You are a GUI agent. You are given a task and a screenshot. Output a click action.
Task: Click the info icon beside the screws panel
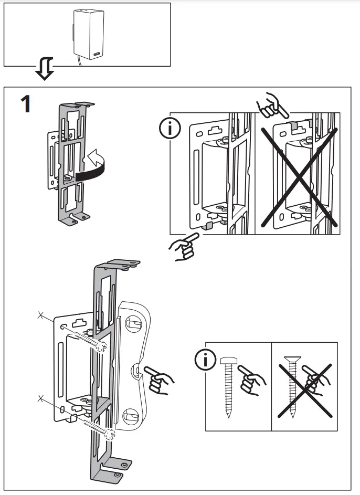(x=205, y=359)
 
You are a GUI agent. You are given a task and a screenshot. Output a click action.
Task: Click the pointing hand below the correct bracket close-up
(x=183, y=247)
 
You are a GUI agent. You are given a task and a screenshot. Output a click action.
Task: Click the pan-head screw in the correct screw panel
(x=228, y=386)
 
